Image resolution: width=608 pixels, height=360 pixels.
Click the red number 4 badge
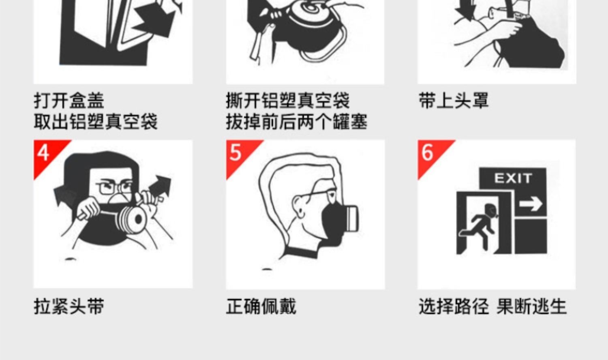(43, 154)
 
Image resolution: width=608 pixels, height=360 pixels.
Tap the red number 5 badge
(236, 154)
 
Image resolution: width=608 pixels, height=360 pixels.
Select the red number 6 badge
(428, 154)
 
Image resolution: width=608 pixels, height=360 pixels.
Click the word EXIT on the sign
(513, 178)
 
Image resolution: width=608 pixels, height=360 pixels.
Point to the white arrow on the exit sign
(531, 204)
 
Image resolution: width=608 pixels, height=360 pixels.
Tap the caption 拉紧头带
(69, 306)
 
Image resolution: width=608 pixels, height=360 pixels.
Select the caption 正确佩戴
(261, 306)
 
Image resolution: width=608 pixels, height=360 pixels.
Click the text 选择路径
(454, 306)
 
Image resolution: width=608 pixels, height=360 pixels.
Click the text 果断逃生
(531, 306)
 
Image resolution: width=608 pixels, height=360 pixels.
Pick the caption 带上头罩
(454, 101)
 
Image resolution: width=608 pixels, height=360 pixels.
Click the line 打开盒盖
(69, 101)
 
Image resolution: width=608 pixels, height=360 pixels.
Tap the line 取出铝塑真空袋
(96, 122)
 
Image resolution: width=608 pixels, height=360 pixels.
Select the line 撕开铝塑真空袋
(288, 101)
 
